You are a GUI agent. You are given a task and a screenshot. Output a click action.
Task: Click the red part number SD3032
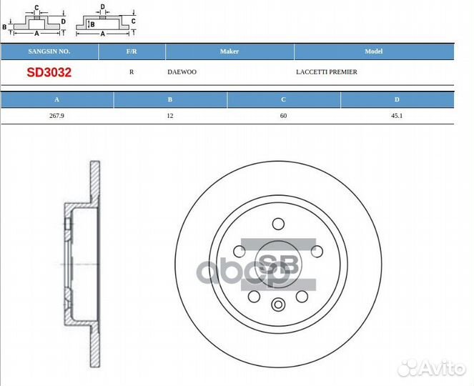tap(49, 72)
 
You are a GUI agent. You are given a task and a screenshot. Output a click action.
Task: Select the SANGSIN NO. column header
tap(49, 51)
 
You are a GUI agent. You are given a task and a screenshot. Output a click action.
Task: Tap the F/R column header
tap(132, 51)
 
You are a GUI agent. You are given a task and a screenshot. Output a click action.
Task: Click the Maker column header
tap(229, 51)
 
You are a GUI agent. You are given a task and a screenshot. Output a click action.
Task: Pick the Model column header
tap(374, 51)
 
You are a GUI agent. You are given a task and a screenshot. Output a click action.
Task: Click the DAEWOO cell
tap(182, 72)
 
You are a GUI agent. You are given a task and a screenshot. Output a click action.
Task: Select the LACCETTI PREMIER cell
tap(326, 72)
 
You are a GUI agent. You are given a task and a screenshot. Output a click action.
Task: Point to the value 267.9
tap(56, 116)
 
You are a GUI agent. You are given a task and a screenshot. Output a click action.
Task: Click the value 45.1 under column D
tap(397, 116)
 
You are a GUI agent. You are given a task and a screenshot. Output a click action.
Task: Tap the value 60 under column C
tap(284, 116)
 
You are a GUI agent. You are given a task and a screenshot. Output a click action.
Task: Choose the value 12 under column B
tap(170, 116)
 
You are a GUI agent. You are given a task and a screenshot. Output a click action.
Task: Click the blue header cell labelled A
tap(56, 100)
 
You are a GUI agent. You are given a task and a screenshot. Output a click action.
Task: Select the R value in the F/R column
tap(132, 72)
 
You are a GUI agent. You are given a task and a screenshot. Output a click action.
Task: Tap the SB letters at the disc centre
tap(279, 265)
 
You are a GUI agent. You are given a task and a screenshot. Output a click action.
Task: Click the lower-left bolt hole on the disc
tap(254, 296)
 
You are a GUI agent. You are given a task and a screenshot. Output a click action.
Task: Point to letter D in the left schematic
tap(64, 21)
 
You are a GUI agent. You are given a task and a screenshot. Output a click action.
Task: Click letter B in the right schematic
tap(92, 24)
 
